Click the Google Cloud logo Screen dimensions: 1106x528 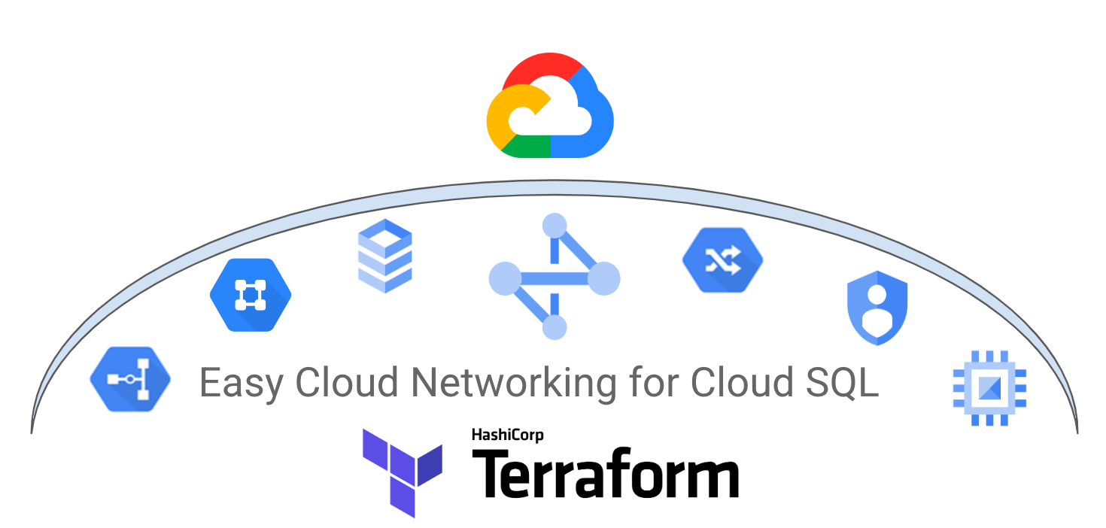tap(550, 105)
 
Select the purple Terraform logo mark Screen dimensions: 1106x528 tap(401, 470)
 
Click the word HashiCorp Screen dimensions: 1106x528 tap(507, 435)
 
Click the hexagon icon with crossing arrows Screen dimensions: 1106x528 tap(722, 260)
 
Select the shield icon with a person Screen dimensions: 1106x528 tap(877, 308)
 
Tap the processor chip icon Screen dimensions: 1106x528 tap(989, 388)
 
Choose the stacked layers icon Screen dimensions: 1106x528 tap(384, 256)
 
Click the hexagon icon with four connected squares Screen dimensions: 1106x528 tap(250, 294)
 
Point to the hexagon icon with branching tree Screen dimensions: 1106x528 tap(130, 379)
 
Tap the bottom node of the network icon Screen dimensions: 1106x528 tap(555, 327)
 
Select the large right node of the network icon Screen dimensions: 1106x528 tap(603, 279)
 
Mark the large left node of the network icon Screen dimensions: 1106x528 tap(505, 278)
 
